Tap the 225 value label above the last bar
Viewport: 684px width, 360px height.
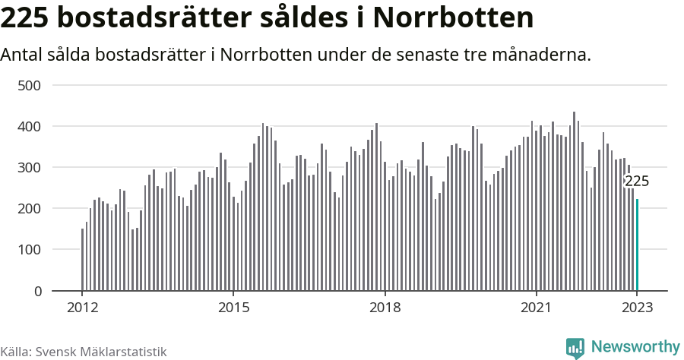(x=637, y=182)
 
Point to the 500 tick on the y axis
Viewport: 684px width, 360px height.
(x=29, y=85)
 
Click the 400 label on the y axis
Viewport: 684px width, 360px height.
(x=29, y=126)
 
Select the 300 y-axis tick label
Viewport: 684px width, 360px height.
(x=29, y=167)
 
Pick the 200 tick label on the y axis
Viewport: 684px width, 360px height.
(x=29, y=209)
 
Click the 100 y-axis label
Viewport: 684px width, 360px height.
(x=29, y=250)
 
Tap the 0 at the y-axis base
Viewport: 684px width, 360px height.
(x=36, y=291)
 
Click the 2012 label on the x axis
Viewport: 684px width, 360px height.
(x=82, y=308)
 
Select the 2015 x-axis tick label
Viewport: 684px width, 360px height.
(x=233, y=308)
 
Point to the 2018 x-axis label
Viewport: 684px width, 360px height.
(x=385, y=308)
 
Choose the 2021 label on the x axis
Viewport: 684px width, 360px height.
(x=537, y=308)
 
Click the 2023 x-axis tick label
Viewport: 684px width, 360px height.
(x=638, y=308)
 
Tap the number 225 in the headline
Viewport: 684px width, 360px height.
(x=28, y=17)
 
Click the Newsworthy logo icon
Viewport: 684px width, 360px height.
(x=575, y=348)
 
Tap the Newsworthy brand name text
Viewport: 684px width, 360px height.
(x=635, y=347)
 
